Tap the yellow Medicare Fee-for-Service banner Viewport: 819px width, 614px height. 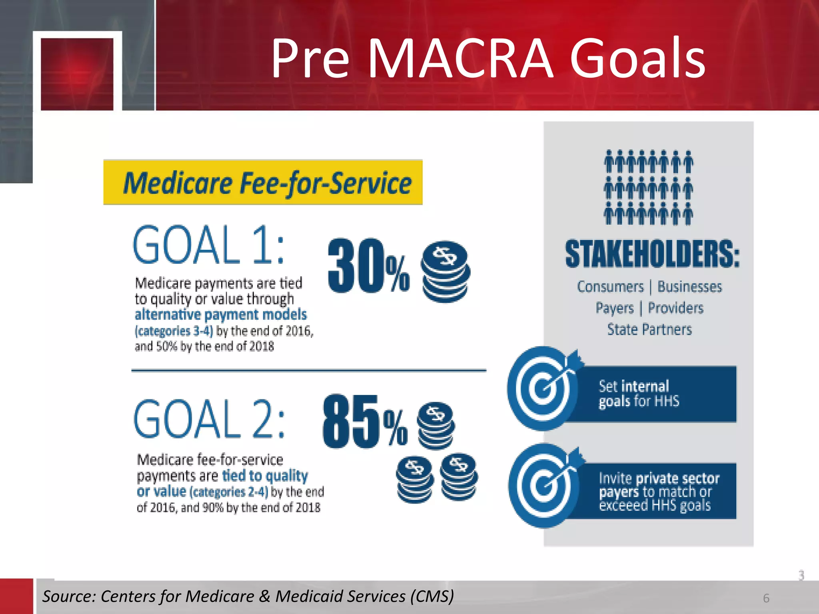coord(263,182)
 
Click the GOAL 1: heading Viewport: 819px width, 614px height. coord(208,245)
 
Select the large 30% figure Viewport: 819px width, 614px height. coord(368,266)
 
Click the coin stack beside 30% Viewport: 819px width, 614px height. coord(445,271)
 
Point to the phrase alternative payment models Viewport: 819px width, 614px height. coord(221,315)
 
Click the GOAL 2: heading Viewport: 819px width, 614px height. coord(209,419)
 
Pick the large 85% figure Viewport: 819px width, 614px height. coord(364,422)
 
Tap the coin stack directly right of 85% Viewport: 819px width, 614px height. coord(435,425)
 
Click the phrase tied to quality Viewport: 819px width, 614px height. coord(265,476)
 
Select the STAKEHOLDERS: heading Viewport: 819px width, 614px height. coord(652,254)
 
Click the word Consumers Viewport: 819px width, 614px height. coord(610,287)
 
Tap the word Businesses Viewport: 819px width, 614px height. coord(690,287)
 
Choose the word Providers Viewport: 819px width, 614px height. coord(675,308)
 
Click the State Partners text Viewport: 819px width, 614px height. coord(649,329)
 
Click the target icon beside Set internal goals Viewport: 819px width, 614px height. coord(543,388)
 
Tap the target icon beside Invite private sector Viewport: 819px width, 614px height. coord(543,486)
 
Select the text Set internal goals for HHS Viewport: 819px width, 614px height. coord(639,394)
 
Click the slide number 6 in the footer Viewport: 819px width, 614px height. coord(766,598)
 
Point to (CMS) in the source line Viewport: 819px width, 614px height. coord(432,596)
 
